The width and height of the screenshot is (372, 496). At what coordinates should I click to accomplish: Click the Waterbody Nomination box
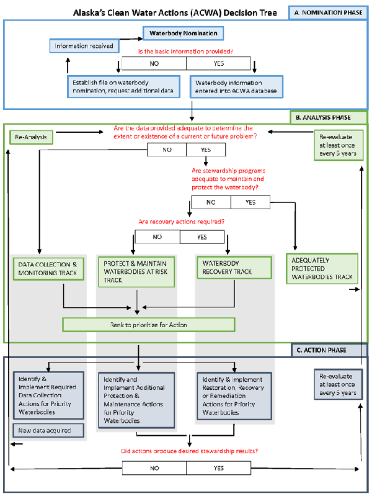[x=184, y=33]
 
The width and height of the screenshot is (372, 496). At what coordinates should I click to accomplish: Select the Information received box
[x=84, y=46]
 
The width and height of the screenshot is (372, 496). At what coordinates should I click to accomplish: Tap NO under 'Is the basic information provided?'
[x=154, y=63]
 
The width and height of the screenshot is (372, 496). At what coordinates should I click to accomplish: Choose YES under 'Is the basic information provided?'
[x=218, y=63]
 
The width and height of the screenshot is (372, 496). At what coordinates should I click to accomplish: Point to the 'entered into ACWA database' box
[x=236, y=87]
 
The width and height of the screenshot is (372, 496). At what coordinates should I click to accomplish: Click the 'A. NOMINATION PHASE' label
[x=329, y=12]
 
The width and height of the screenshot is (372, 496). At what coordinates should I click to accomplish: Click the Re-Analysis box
[x=31, y=136]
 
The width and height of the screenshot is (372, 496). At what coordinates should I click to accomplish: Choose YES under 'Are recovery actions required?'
[x=202, y=237]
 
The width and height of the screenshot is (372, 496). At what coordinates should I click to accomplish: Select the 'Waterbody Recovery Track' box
[x=234, y=267]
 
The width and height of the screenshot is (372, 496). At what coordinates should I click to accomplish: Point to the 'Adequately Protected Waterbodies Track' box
[x=321, y=269]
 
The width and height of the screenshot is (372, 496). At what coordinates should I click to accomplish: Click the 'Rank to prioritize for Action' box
[x=149, y=325]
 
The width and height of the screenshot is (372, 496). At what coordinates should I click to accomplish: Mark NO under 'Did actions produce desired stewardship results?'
[x=154, y=467]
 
